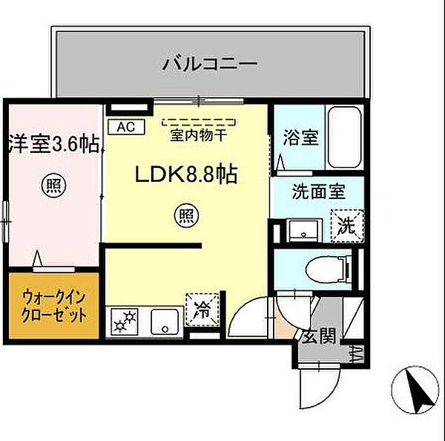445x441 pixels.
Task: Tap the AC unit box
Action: tap(125, 126)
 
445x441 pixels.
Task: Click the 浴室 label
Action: tap(301, 137)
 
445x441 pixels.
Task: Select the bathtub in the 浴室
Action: tap(343, 138)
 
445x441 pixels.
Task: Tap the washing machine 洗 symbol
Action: tap(346, 223)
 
